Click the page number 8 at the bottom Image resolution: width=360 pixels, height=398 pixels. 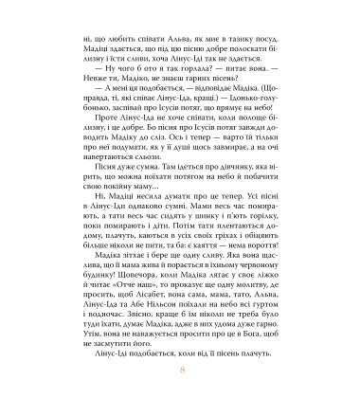tap(180, 378)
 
